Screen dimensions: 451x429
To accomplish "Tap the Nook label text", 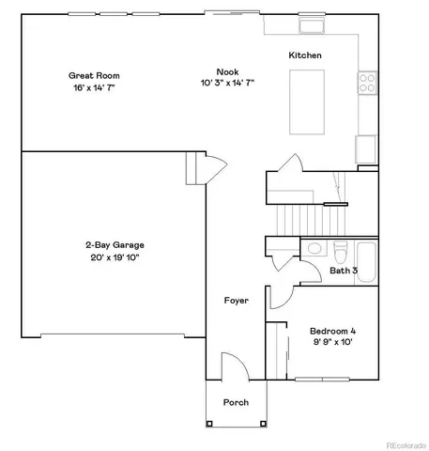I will [226, 70].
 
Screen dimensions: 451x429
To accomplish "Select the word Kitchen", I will [305, 55].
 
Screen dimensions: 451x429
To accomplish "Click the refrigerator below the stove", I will [366, 148].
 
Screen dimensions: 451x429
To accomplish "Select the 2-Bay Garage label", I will [114, 245].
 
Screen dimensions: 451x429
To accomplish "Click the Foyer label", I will [236, 301].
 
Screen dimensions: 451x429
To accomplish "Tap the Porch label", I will [236, 402].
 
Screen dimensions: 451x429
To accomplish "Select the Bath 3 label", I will [344, 271].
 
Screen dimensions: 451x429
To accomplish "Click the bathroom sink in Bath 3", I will [314, 251].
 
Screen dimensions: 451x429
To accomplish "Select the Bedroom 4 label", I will [333, 331].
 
